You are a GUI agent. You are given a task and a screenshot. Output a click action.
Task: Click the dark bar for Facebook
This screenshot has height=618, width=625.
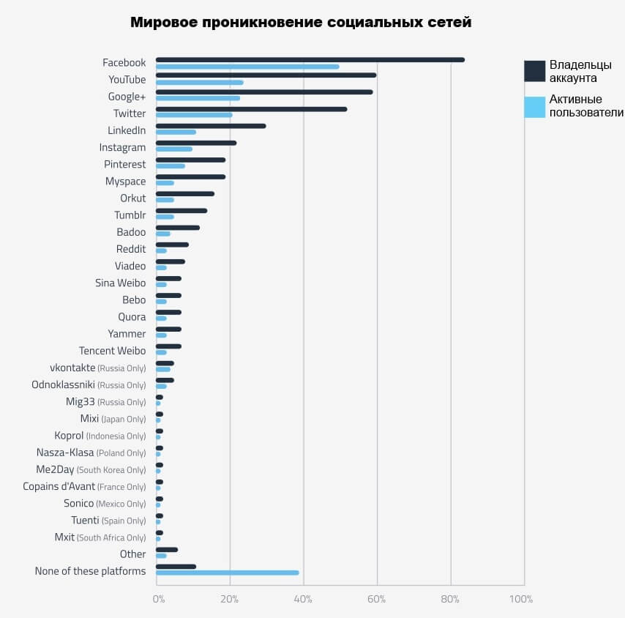coord(310,60)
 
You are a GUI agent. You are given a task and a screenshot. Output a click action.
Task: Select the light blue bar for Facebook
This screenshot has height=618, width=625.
coord(247,67)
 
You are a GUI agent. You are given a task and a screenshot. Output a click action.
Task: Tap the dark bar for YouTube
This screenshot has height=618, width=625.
coord(266,75)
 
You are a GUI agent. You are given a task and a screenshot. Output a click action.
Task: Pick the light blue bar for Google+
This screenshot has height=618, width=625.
coord(198,98)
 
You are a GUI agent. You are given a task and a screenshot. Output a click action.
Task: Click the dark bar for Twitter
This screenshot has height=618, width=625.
coord(251,109)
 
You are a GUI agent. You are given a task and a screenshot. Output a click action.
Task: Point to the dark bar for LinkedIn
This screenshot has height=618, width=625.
coord(211,126)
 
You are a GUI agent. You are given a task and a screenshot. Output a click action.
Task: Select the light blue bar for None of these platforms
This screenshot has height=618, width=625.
coord(227,573)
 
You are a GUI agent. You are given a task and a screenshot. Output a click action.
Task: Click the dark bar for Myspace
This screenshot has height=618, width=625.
coord(190,176)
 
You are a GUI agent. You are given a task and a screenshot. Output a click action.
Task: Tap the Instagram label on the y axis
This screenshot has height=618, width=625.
coord(122,147)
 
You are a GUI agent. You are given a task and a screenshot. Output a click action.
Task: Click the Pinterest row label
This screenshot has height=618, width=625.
coord(124,164)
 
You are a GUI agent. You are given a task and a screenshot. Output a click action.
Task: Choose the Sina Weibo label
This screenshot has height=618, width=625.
coord(120,283)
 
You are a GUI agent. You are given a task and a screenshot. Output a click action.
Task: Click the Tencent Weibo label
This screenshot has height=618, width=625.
coord(112,351)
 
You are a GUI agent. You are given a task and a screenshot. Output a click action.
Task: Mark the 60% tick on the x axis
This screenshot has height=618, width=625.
coord(377,600)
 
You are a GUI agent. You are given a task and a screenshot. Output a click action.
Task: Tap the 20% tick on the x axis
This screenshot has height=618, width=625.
coord(230,600)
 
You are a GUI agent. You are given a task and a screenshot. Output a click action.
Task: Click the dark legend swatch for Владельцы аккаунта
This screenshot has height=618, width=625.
coord(535,71)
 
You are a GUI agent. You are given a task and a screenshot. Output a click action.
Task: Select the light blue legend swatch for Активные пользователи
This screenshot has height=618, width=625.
coord(535,106)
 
